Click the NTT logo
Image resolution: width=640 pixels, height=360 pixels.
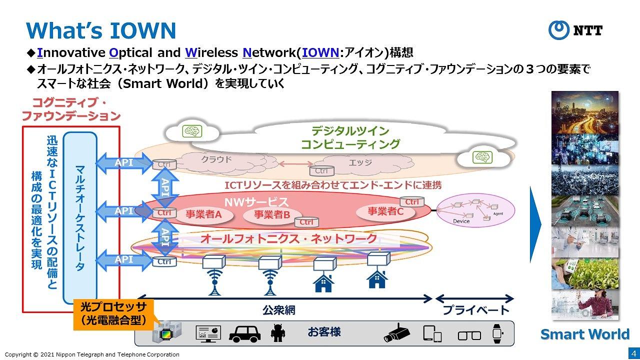[x=575, y=30]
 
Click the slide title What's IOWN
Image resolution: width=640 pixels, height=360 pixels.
[x=101, y=30]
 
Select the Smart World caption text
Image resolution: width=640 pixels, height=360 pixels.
[x=585, y=334]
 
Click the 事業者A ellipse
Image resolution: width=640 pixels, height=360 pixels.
[x=203, y=214]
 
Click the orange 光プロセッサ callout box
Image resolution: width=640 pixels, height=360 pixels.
[x=113, y=314]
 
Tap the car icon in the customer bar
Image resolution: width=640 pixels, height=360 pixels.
[x=245, y=332]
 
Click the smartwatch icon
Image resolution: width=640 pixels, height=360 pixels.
[x=497, y=333]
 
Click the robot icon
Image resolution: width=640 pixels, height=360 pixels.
[x=277, y=332]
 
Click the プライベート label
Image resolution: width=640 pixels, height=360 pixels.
[x=475, y=310]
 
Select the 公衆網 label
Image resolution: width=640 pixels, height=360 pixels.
[x=278, y=310]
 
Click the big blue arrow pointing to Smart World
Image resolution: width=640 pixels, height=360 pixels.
[x=535, y=224]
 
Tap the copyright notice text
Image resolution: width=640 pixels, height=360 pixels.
[x=91, y=354]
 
